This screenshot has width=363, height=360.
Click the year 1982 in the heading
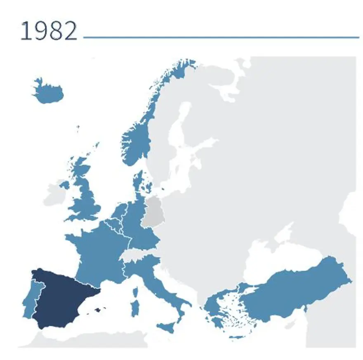point(49,31)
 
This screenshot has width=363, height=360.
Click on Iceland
point(49,92)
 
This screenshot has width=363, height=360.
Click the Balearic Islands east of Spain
point(98,310)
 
